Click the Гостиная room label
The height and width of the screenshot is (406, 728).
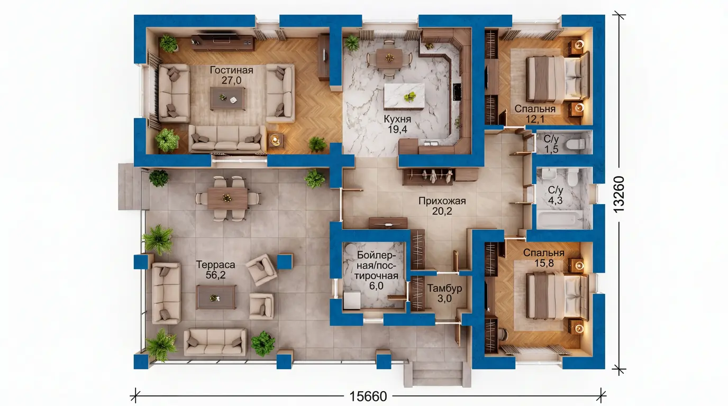(x=231, y=70)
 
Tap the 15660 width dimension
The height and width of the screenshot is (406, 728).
(x=368, y=396)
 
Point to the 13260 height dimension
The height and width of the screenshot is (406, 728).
(x=619, y=194)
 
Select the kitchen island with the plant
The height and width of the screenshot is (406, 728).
(x=404, y=96)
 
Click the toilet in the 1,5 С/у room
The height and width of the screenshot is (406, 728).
(x=575, y=143)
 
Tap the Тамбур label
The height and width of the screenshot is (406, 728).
(x=444, y=288)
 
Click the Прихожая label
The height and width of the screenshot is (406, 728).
(x=442, y=201)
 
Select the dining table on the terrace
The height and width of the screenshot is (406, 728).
(x=228, y=198)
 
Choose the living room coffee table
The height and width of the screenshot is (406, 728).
(x=228, y=98)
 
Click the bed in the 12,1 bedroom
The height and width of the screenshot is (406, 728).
(x=557, y=79)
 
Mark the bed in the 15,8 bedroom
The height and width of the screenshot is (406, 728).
(x=557, y=296)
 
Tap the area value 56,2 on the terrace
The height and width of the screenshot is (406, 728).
(x=215, y=275)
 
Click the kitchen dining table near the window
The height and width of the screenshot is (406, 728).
(x=389, y=59)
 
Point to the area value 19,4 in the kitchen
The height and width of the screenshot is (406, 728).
(x=397, y=130)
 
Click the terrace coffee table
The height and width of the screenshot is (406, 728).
(x=216, y=297)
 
